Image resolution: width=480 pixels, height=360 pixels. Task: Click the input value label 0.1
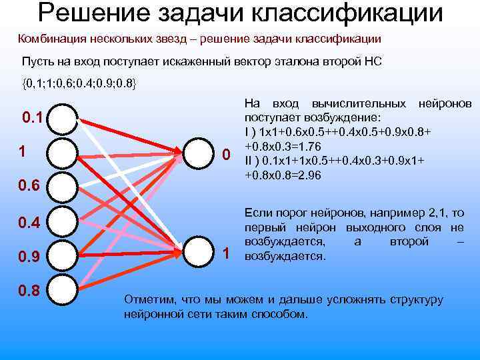click(33, 119)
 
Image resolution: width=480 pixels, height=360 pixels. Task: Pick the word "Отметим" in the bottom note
click(151, 299)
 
